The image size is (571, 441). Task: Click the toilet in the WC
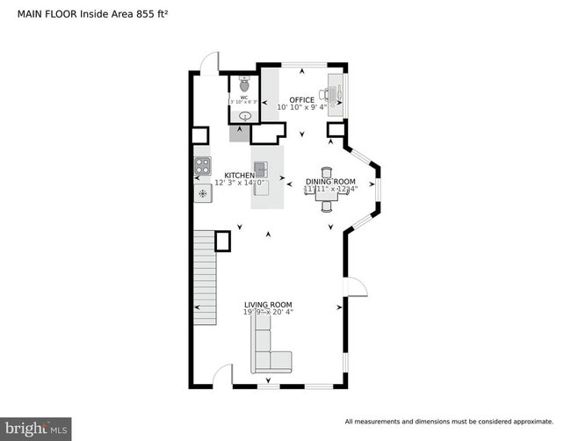243,85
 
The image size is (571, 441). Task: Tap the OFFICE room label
302,99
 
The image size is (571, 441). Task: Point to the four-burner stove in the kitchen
202,164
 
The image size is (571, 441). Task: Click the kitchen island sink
261,168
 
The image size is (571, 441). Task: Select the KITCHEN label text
240,175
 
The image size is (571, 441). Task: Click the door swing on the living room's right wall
356,287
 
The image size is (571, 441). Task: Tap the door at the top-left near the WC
208,62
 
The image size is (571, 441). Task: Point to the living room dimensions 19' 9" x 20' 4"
268,312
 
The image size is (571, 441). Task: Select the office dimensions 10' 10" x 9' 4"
302,107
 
